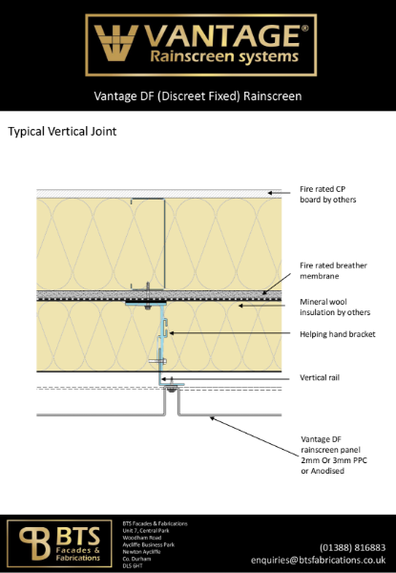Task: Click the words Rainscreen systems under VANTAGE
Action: [x=226, y=58]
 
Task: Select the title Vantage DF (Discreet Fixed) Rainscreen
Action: [x=198, y=96]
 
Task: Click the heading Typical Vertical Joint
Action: [x=62, y=131]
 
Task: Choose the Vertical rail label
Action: [x=321, y=378]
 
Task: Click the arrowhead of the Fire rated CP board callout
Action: [x=270, y=193]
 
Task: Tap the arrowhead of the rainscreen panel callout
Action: [x=212, y=416]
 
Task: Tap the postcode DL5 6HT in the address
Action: [x=132, y=566]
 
